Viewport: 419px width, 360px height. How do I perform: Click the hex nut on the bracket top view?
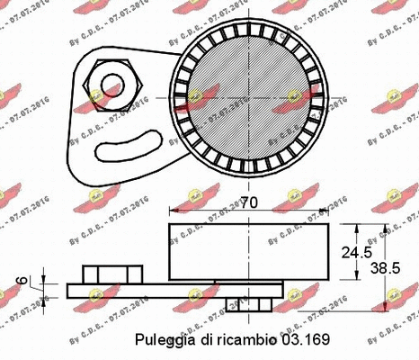click(x=109, y=87)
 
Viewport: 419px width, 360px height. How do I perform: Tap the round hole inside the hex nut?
click(x=110, y=87)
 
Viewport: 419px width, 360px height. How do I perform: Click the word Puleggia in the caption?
click(x=163, y=339)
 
